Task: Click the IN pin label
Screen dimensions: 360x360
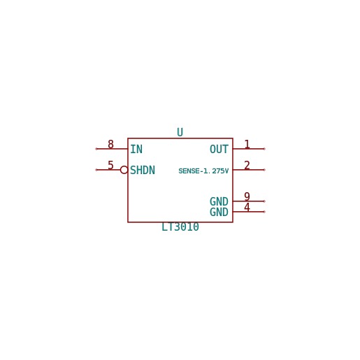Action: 136,149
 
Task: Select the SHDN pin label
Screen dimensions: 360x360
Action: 143,170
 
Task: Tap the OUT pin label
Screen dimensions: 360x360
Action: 219,149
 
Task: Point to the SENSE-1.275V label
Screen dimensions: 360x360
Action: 203,171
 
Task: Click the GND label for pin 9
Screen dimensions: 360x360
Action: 219,201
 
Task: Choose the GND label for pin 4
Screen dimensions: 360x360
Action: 219,212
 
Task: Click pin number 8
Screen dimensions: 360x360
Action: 110,144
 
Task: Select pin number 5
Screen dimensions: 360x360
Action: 110,165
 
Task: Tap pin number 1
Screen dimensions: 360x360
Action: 247,144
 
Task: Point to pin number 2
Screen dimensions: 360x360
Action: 247,165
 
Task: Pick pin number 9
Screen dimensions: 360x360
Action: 247,196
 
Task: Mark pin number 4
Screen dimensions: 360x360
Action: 247,207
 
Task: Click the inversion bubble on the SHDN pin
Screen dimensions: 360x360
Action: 124,166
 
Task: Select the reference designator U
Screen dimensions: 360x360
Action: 180,132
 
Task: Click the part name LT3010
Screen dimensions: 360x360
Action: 180,227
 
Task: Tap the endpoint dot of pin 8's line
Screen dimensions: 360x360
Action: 96,149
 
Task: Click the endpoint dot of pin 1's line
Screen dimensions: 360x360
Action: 264,149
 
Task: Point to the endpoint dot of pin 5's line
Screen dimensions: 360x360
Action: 96,170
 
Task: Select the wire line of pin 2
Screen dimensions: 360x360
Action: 248,170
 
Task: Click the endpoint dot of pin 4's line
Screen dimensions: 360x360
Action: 264,212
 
